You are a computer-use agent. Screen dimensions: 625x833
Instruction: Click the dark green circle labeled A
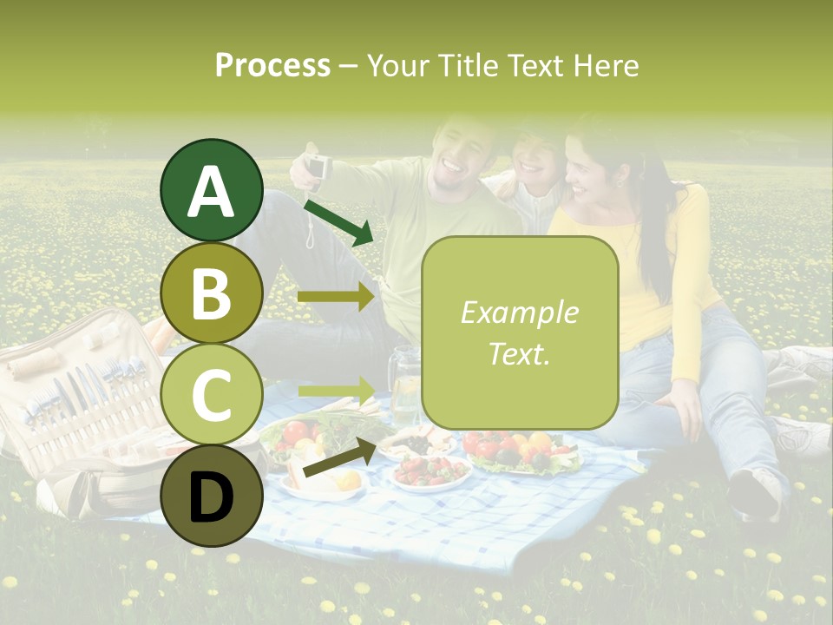(211, 191)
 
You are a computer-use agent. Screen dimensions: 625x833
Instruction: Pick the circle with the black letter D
(211, 496)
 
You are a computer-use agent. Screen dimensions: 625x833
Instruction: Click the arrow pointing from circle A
(338, 221)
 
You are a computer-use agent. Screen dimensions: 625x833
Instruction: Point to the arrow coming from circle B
(336, 297)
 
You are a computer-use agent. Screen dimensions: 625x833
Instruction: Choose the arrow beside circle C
(336, 390)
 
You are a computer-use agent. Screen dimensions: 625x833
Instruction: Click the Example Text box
(519, 332)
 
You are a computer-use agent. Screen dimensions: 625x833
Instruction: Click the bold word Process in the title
(272, 66)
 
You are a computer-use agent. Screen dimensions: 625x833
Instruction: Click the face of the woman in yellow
(587, 169)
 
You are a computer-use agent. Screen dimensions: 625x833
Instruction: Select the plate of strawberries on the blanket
(430, 471)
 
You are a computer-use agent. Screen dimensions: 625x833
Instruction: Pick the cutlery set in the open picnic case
(87, 391)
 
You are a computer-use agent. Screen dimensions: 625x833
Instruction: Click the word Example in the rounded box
(519, 312)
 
